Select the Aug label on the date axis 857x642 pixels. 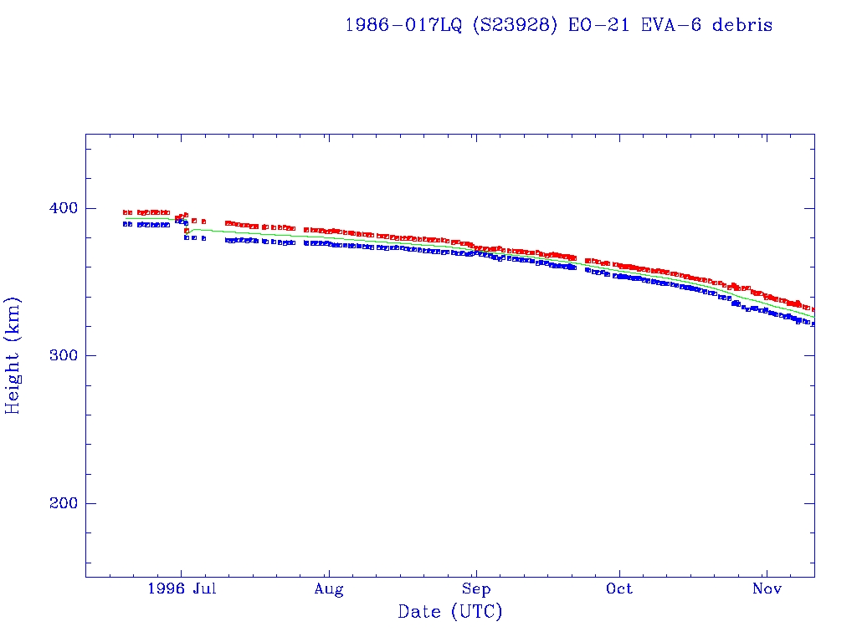pyautogui.click(x=329, y=589)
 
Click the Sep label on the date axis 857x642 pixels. pyautogui.click(x=475, y=589)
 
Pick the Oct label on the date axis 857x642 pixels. pyautogui.click(x=619, y=589)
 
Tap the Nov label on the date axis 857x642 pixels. pyautogui.click(x=766, y=589)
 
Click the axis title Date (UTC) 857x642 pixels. pyautogui.click(x=450, y=613)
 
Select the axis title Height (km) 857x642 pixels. pyautogui.click(x=13, y=355)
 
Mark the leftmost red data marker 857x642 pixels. pyautogui.click(x=125, y=212)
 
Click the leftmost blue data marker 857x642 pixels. pyautogui.click(x=125, y=224)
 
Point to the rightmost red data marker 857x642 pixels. pyautogui.click(x=813, y=310)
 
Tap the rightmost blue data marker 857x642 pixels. pyautogui.click(x=813, y=324)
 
